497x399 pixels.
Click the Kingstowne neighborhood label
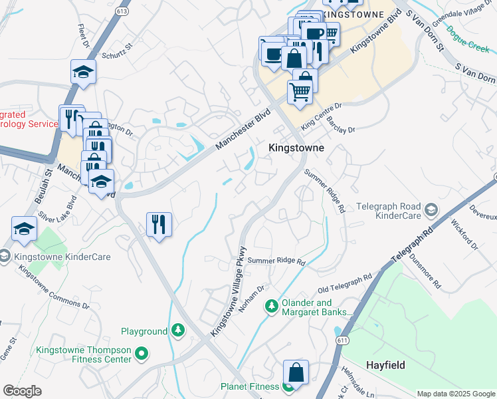pyautogui.click(x=296, y=148)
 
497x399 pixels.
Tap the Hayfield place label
pyautogui.click(x=385, y=365)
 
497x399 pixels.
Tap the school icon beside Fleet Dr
pyautogui.click(x=84, y=72)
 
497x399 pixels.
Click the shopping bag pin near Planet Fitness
pyautogui.click(x=296, y=372)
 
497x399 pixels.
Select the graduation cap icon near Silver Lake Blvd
pyautogui.click(x=25, y=229)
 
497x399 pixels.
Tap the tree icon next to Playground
pyautogui.click(x=177, y=331)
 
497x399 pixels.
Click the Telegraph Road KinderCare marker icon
pyautogui.click(x=431, y=211)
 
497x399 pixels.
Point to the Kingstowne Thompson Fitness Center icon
pyautogui.click(x=141, y=352)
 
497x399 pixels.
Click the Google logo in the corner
pyautogui.click(x=22, y=391)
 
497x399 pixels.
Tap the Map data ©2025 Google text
pyautogui.click(x=455, y=394)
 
